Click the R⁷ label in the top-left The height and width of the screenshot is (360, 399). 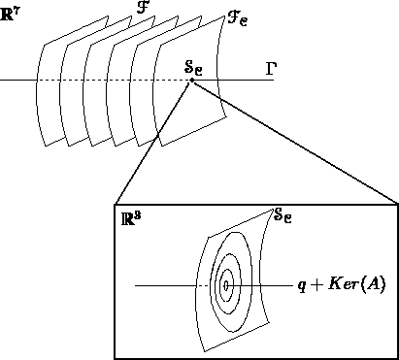click(x=11, y=14)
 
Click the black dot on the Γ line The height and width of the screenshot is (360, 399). click(x=192, y=81)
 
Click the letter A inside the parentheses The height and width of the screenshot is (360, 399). click(x=378, y=287)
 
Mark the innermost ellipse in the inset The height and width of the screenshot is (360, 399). click(x=226, y=285)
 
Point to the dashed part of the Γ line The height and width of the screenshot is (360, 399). click(x=116, y=81)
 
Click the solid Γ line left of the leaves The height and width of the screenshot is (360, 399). click(x=17, y=81)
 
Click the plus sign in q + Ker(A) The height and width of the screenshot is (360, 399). click(x=317, y=287)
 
